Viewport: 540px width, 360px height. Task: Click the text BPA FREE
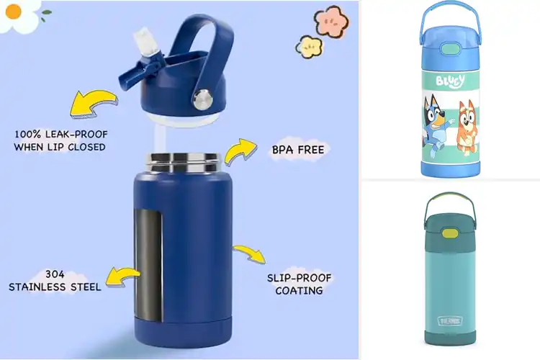tap(298, 150)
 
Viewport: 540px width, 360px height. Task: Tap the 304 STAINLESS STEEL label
tap(55, 280)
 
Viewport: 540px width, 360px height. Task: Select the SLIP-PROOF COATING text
tap(294, 284)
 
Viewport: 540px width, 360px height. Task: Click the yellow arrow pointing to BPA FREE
tap(240, 152)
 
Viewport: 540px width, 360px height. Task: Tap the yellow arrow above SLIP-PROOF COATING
tap(250, 253)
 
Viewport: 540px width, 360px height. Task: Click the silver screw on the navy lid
tap(205, 96)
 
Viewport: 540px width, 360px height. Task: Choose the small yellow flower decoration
tap(309, 47)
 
